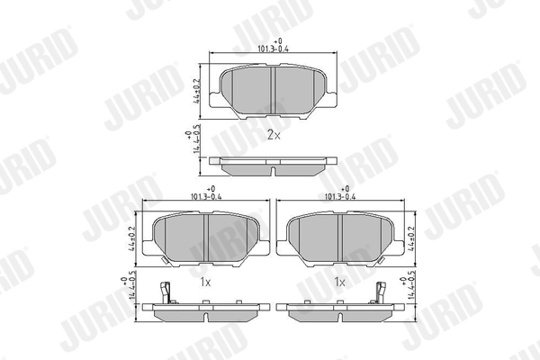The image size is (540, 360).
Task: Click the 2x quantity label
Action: pyautogui.click(x=274, y=136)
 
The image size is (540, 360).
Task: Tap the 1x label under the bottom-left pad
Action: pyautogui.click(x=204, y=283)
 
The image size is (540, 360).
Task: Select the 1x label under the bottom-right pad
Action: pyautogui.click(x=340, y=283)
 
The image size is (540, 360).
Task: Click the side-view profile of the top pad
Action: pyautogui.click(x=274, y=167)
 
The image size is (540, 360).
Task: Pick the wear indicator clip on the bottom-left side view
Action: pyautogui.click(x=165, y=293)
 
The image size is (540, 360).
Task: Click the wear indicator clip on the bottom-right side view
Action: pyautogui.click(x=379, y=293)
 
